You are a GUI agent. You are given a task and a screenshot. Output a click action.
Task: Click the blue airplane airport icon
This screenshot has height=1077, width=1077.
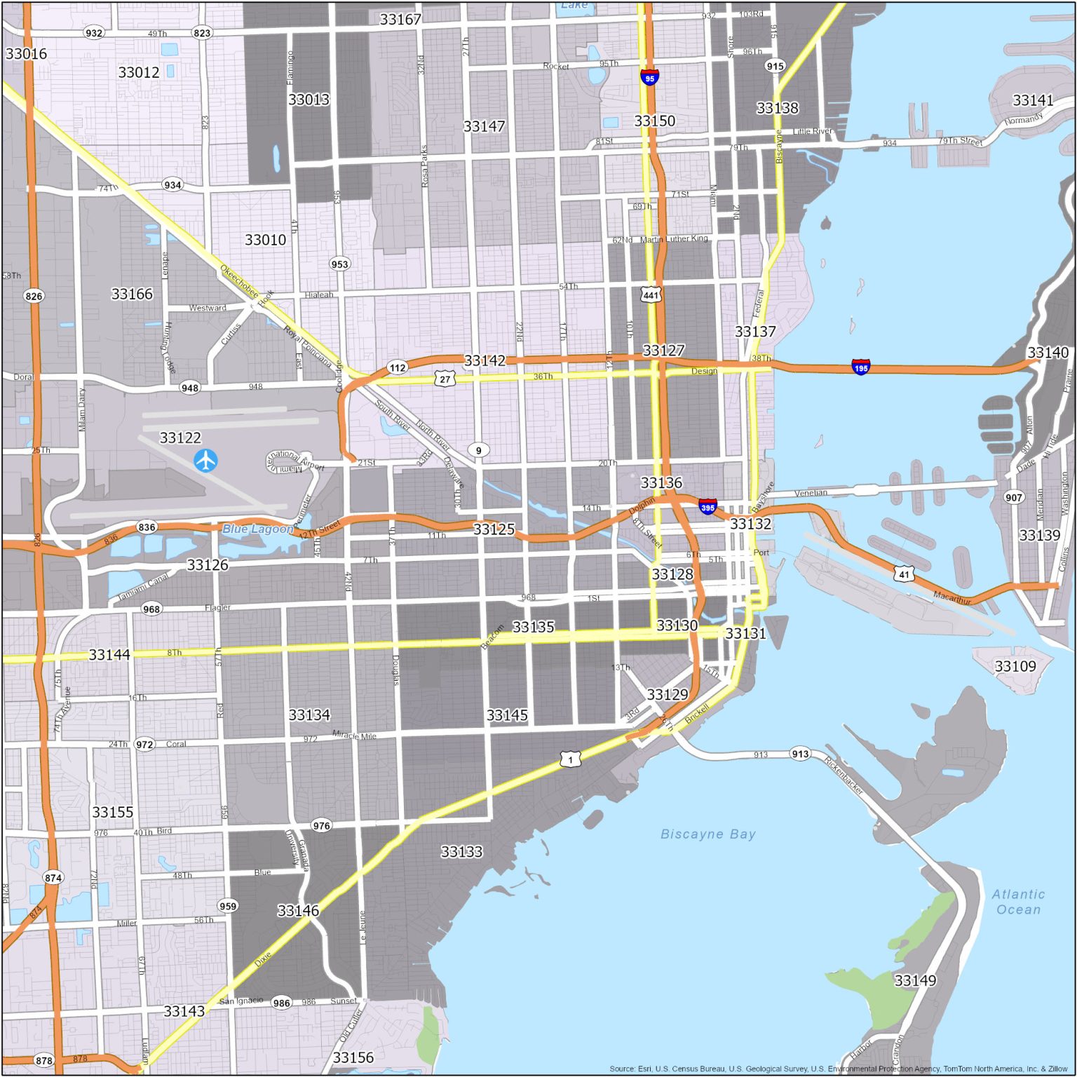point(205,461)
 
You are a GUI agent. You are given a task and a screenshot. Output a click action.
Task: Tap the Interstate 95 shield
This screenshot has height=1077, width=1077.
point(650,77)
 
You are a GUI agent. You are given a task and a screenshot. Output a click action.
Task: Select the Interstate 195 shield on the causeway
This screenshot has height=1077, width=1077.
point(860,367)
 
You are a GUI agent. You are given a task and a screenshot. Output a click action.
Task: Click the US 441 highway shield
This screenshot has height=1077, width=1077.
point(651,294)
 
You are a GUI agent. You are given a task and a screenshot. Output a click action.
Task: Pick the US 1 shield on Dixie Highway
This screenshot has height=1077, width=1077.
point(570,759)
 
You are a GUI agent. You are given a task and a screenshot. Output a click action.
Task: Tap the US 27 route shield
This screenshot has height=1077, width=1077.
point(445,379)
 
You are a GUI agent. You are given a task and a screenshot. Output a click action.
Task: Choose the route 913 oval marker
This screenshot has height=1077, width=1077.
point(800,754)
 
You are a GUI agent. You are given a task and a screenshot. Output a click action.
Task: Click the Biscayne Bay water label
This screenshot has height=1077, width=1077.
point(708,834)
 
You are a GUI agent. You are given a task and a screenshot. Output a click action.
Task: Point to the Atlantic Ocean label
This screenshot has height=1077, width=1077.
point(1018,902)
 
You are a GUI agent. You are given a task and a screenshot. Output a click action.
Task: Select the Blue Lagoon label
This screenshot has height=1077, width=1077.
point(257,529)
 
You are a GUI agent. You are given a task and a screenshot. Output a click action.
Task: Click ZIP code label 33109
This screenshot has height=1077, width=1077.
point(1015,665)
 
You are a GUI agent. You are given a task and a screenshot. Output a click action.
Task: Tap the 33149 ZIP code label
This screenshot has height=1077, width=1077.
point(915,980)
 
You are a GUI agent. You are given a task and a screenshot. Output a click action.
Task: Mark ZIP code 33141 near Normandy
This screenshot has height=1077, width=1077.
point(1033,100)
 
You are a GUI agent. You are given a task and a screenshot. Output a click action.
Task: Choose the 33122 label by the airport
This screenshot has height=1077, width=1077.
point(180,438)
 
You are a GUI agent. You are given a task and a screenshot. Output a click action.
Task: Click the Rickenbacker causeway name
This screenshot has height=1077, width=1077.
point(844,775)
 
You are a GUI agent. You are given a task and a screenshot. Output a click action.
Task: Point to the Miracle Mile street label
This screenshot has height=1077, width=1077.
point(354,735)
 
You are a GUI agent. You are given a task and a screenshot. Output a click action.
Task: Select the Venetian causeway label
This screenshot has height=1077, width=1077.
point(811,493)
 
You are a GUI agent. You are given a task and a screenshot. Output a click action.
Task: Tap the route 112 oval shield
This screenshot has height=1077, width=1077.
point(398,367)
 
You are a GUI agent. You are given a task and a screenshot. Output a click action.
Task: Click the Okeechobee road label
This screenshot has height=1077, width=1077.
point(238,280)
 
